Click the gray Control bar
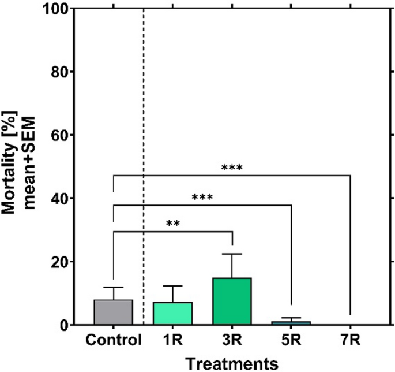(114, 313)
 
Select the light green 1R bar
(173, 314)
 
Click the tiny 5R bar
(291, 323)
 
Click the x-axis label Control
(114, 340)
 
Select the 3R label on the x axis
(232, 340)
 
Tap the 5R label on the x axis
(291, 340)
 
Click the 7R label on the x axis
(351, 340)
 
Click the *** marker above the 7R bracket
(232, 169)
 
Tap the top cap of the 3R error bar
(232, 254)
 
